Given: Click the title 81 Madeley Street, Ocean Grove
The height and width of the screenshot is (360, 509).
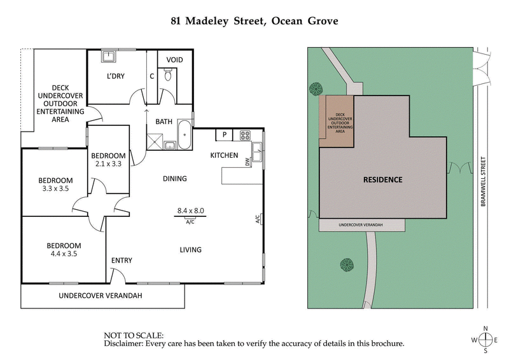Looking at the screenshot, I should pos(254,20).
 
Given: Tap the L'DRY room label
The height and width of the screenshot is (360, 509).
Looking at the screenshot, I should pos(115,76).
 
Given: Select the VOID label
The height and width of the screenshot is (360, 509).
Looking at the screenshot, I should pos(174,60).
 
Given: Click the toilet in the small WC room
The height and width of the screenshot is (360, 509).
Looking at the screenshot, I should pos(167,76).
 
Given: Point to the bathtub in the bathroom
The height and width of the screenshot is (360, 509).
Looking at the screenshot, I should pos(184,135).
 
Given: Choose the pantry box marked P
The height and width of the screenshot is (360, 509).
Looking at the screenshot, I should pos(225,135).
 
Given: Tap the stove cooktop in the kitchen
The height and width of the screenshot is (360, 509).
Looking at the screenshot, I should pos(244,135).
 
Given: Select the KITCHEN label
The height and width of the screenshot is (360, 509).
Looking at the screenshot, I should pos(224,155).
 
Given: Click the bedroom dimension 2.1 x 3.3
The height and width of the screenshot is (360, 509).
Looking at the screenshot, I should pos(108,164).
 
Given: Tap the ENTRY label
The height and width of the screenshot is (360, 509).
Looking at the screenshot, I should pos(122,260).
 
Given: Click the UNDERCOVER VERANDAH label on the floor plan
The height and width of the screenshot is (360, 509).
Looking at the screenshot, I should pos(101,296).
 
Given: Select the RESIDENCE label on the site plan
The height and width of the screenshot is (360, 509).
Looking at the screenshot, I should pos(382,179).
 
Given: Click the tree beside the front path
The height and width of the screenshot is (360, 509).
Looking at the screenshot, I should pos(347,264).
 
